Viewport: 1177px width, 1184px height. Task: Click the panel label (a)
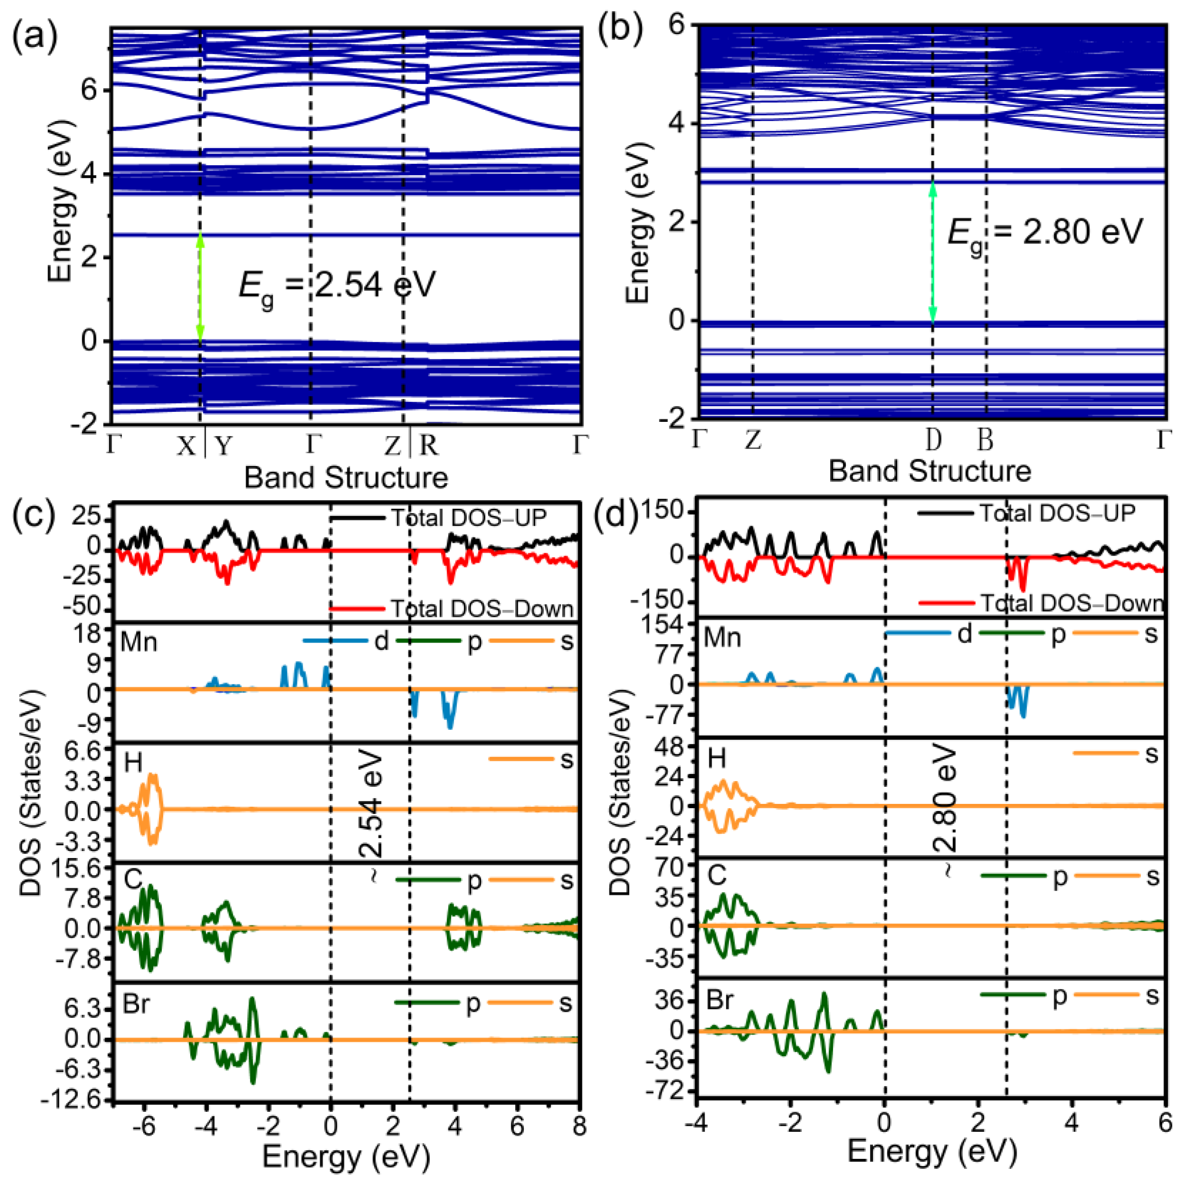(x=35, y=37)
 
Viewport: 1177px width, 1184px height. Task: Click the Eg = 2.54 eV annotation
(x=336, y=286)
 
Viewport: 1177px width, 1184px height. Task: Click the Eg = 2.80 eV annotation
(x=1045, y=233)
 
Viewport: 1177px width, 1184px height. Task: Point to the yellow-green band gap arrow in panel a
(x=200, y=288)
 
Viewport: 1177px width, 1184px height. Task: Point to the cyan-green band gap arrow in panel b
(x=933, y=252)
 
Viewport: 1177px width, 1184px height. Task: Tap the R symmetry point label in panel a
(x=428, y=446)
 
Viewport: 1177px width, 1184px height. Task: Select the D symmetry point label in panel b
(x=933, y=439)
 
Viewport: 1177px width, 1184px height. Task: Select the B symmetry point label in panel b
(x=984, y=439)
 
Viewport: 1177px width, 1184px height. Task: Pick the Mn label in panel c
(x=139, y=642)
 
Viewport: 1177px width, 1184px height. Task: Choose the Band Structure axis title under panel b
(x=929, y=471)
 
